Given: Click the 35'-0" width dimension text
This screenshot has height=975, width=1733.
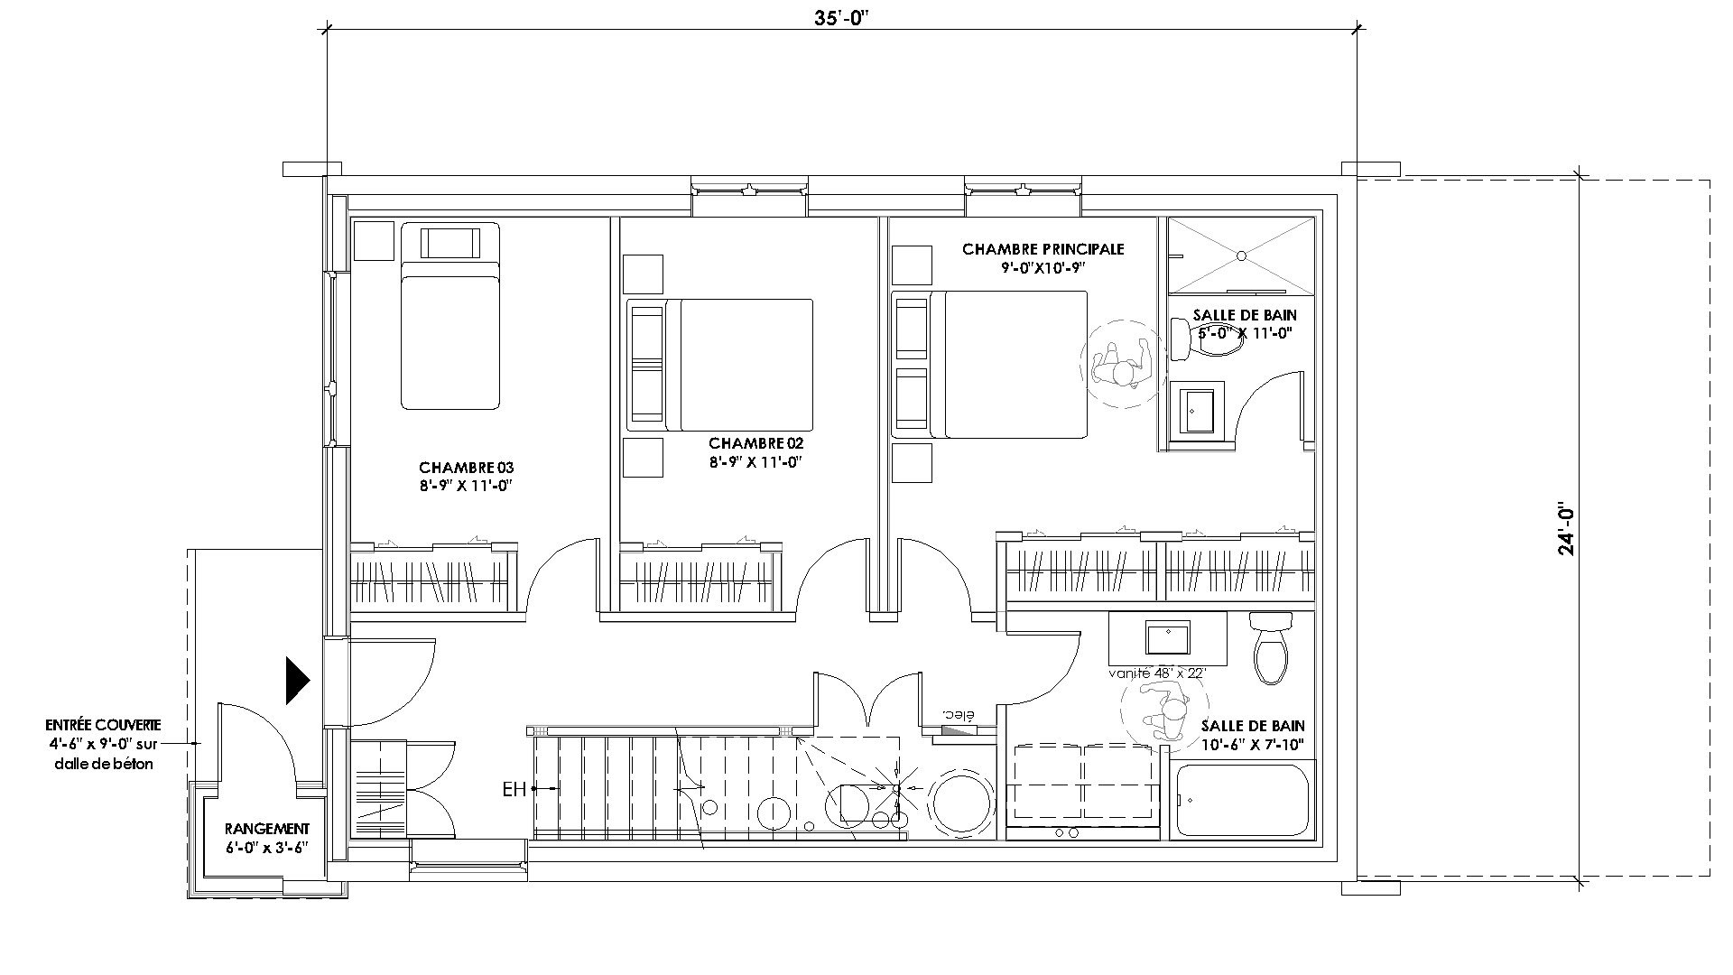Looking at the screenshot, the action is coord(841,17).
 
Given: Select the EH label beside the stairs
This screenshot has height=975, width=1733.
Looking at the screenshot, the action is coord(514,790).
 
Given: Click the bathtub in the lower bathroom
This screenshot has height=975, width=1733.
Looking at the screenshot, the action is coord(1243,800).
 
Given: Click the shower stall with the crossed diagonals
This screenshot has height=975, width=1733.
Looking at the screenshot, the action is coord(1241,255).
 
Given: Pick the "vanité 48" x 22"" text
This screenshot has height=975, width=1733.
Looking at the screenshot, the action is coord(1157,673).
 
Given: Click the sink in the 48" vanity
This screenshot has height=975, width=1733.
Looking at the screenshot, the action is coord(1167,637).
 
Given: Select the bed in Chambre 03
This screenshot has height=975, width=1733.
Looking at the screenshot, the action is coord(450,315).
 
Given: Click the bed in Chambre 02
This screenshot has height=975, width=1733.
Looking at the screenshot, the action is coord(720,365).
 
